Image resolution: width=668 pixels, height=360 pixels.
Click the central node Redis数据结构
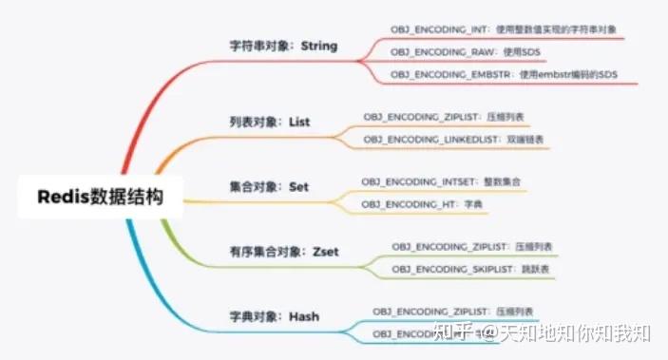coord(100,198)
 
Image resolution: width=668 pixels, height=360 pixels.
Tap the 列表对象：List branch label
coord(271,123)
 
